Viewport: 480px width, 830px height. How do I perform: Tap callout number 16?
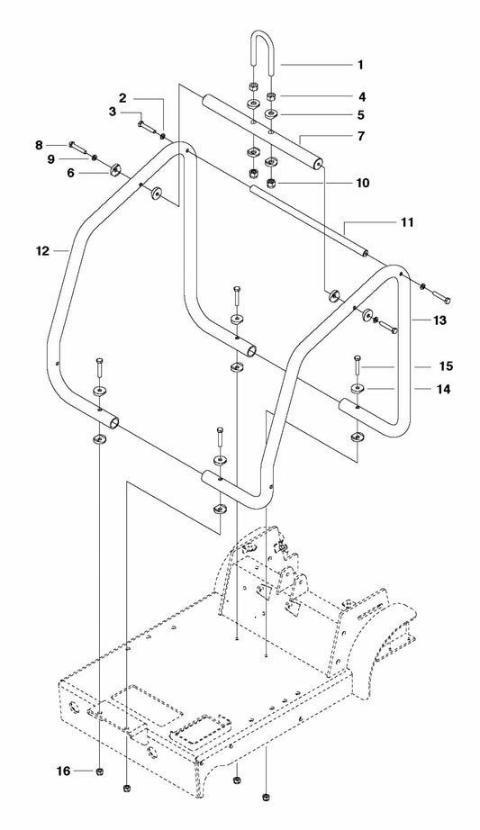[x=63, y=771]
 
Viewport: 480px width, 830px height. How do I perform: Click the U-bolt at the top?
[x=261, y=54]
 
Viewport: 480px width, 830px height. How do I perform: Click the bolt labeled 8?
[x=78, y=145]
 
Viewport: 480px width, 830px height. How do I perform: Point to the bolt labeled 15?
[x=358, y=368]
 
